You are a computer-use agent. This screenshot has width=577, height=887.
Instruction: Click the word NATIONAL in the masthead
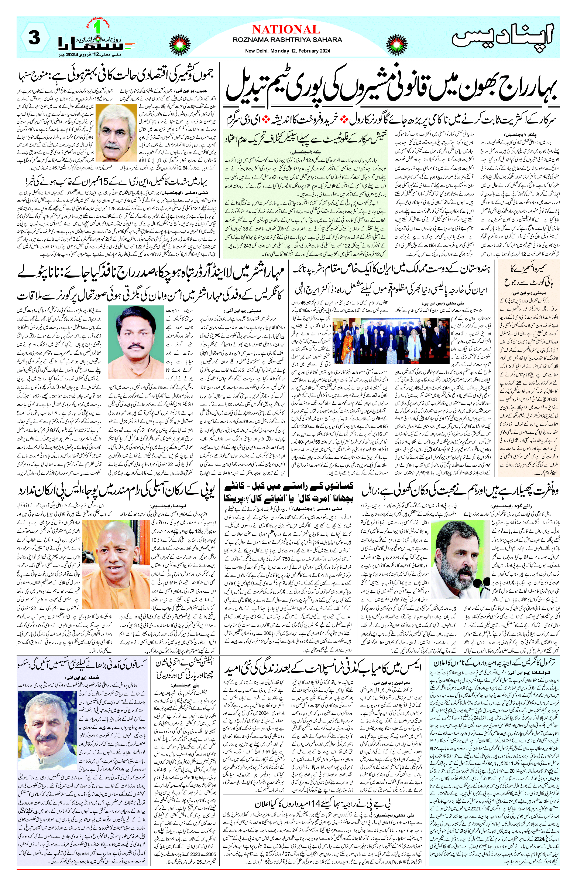(x=286, y=30)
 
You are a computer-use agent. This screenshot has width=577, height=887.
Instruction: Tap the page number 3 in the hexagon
(x=34, y=39)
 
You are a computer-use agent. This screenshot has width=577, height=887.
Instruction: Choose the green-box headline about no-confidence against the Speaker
(x=306, y=138)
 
